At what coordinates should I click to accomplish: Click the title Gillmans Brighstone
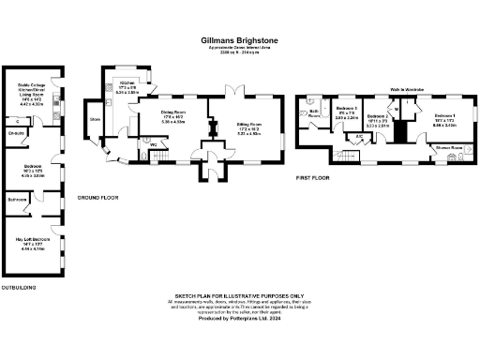pyautogui.click(x=239, y=40)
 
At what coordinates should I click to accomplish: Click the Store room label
pyautogui.click(x=94, y=120)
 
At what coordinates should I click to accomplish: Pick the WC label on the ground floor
pyautogui.click(x=152, y=145)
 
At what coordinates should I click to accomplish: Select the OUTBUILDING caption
pyautogui.click(x=18, y=286)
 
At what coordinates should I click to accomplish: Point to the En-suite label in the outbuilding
pyautogui.click(x=16, y=134)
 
